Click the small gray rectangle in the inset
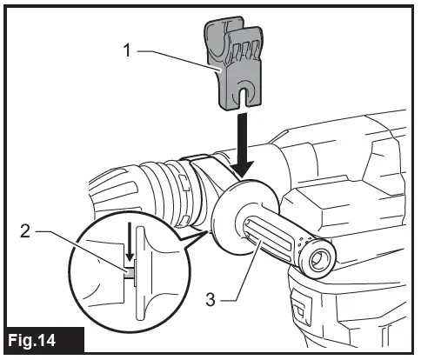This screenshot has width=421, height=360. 130,272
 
